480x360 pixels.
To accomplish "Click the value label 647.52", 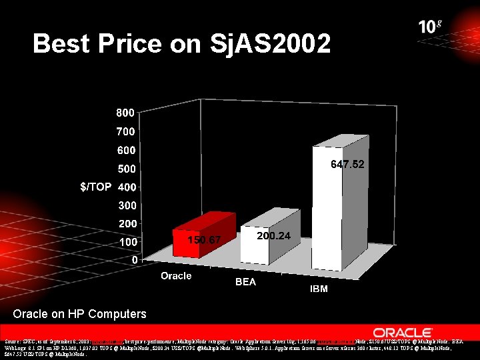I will tap(348, 163).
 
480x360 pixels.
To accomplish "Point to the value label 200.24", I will tap(273, 235).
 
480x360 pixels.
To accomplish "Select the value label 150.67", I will tap(203, 239).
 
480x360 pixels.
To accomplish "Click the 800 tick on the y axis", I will tap(127, 113).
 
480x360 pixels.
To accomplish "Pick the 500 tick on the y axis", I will tap(127, 168).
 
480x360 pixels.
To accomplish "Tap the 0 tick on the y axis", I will tap(134, 259).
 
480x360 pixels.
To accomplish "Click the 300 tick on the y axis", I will tap(127, 205).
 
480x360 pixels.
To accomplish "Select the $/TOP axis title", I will tap(96, 187).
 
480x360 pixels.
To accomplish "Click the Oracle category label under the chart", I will tap(175, 275).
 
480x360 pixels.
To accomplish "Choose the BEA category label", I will tap(245, 282).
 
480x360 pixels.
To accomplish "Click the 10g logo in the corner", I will tap(429, 26).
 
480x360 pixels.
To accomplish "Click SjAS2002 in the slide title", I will tap(269, 44).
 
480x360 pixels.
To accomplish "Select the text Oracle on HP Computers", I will tap(79, 313).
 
